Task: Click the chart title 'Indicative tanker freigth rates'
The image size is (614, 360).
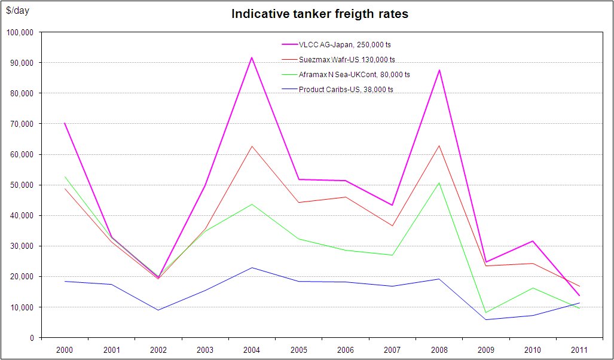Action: pyautogui.click(x=320, y=14)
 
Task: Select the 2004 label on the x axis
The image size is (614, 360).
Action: pyautogui.click(x=252, y=349)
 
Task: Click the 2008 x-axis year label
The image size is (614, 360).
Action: pyautogui.click(x=439, y=349)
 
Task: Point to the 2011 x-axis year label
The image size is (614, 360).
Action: pyautogui.click(x=579, y=349)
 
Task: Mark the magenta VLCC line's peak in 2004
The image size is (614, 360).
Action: pyautogui.click(x=252, y=57)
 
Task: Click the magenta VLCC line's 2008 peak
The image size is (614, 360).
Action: pyautogui.click(x=439, y=70)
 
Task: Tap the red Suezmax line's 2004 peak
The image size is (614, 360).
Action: pyautogui.click(x=252, y=146)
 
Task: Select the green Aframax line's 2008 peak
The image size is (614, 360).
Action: pyautogui.click(x=439, y=182)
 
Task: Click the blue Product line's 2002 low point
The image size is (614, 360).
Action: pyautogui.click(x=158, y=310)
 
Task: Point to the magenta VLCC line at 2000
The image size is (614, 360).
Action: pyautogui.click(x=65, y=123)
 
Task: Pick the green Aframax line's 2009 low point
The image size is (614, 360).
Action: pyautogui.click(x=485, y=312)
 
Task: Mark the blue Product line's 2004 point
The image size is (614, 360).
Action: pyautogui.click(x=252, y=267)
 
